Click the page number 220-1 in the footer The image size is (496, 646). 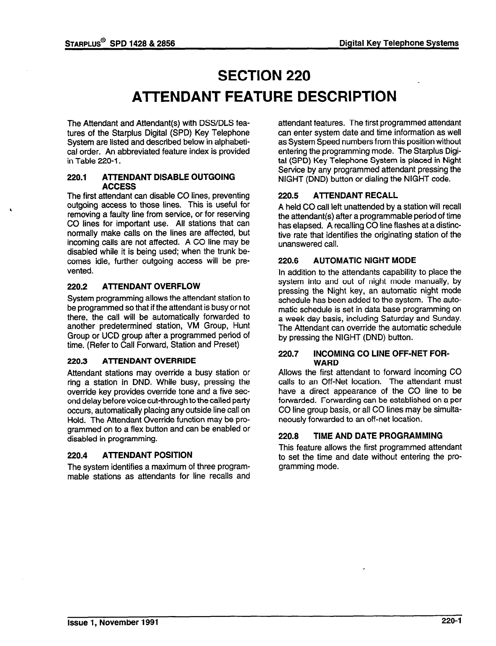click(x=451, y=622)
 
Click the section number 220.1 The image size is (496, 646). click(x=76, y=177)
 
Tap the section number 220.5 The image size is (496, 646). click(x=288, y=196)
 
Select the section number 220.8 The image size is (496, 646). click(x=288, y=436)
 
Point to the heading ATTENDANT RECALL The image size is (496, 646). click(x=355, y=196)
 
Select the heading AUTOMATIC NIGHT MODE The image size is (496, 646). click(x=364, y=261)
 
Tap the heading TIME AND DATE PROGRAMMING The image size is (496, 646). click(x=378, y=436)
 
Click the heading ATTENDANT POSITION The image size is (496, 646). click(x=147, y=455)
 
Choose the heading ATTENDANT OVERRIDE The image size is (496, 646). click(x=149, y=361)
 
